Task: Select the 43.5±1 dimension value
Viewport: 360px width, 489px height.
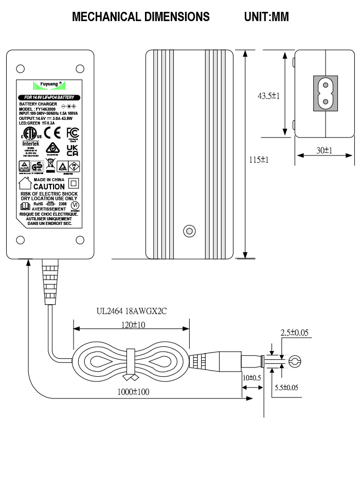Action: [268, 96]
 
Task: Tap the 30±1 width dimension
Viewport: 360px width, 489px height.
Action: [324, 150]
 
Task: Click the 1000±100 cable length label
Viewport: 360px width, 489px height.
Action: [132, 392]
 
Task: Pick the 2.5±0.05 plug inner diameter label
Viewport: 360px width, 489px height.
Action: [294, 333]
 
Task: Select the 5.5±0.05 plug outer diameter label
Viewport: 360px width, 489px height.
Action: [286, 388]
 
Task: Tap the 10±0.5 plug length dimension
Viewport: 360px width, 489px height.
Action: [252, 378]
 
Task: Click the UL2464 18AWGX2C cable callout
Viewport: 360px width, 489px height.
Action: [132, 311]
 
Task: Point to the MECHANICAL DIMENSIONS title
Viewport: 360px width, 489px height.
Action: [141, 17]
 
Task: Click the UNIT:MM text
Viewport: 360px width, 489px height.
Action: [266, 17]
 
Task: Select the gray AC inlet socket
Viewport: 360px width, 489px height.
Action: [326, 93]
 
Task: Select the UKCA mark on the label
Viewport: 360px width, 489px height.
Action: [73, 150]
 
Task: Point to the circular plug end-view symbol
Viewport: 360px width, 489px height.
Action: [294, 362]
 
